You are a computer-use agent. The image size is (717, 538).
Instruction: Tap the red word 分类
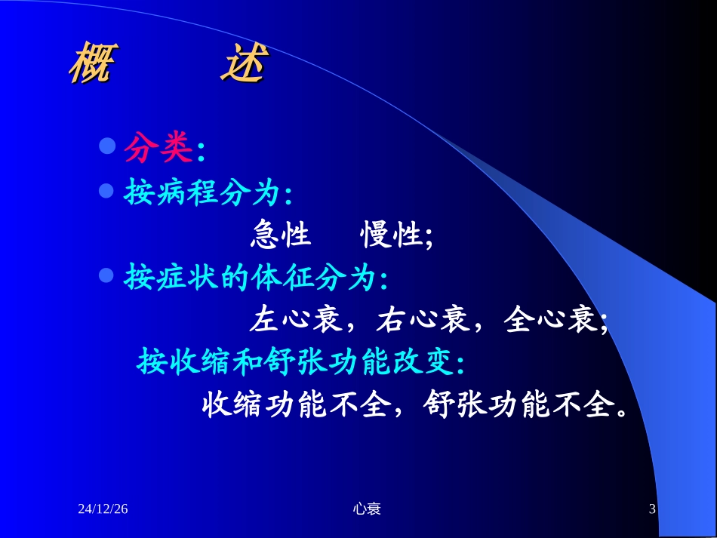(158, 149)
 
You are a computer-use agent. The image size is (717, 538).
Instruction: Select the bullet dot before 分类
(107, 144)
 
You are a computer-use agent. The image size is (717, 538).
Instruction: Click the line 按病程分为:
(208, 194)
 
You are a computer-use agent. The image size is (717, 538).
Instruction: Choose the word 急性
(280, 236)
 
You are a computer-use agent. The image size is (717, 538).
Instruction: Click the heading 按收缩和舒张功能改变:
(301, 364)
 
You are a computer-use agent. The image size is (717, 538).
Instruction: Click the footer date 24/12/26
(103, 509)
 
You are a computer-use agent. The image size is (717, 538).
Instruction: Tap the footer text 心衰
(367, 509)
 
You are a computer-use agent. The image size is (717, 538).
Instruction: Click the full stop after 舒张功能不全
(621, 413)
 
